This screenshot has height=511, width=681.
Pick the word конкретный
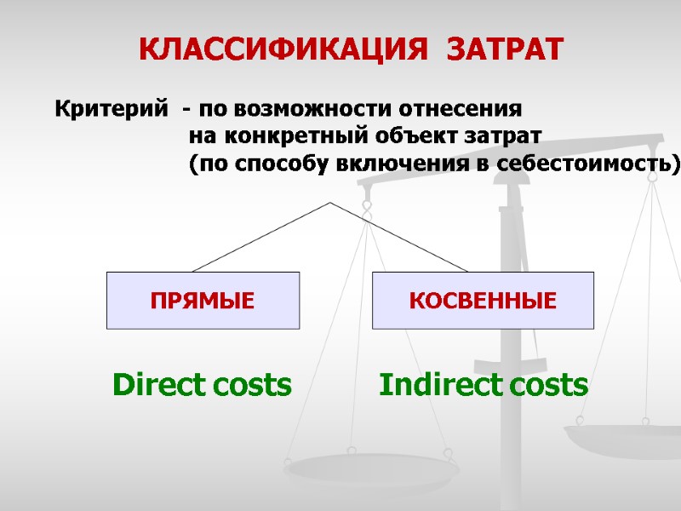point(289,136)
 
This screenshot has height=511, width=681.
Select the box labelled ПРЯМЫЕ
point(203,301)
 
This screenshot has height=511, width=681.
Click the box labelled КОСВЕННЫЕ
point(484,301)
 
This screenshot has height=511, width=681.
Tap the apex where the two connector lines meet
point(330,203)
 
